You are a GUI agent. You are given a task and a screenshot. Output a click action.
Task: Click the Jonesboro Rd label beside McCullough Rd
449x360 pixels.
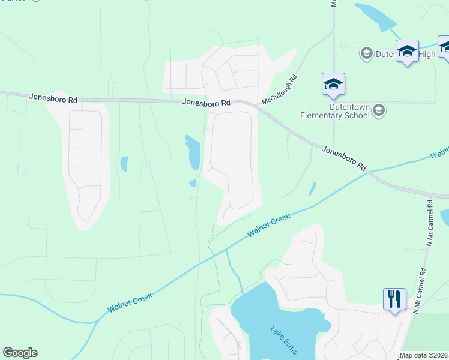pyautogui.click(x=207, y=103)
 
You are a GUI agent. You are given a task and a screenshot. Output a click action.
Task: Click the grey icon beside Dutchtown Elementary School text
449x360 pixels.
pyautogui.click(x=378, y=110)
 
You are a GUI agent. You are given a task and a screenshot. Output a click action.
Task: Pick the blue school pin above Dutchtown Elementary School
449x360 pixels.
pyautogui.click(x=333, y=85)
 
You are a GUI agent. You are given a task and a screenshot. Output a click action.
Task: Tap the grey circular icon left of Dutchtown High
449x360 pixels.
pyautogui.click(x=366, y=54)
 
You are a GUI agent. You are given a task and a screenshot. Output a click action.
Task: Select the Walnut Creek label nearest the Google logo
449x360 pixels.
pyautogui.click(x=130, y=302)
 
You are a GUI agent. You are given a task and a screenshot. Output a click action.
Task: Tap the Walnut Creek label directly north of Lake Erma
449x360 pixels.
pyautogui.click(x=270, y=226)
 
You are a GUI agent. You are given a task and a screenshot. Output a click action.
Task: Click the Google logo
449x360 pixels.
pyautogui.click(x=20, y=353)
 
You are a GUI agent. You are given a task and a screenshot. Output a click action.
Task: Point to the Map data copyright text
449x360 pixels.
pyautogui.click(x=423, y=355)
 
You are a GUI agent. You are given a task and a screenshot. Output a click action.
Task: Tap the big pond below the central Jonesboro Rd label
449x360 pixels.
pyautogui.click(x=193, y=153)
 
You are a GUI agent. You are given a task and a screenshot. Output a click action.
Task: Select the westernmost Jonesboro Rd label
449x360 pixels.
pyautogui.click(x=53, y=97)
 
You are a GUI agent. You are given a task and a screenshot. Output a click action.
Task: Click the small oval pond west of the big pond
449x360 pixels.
pyautogui.click(x=124, y=164)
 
